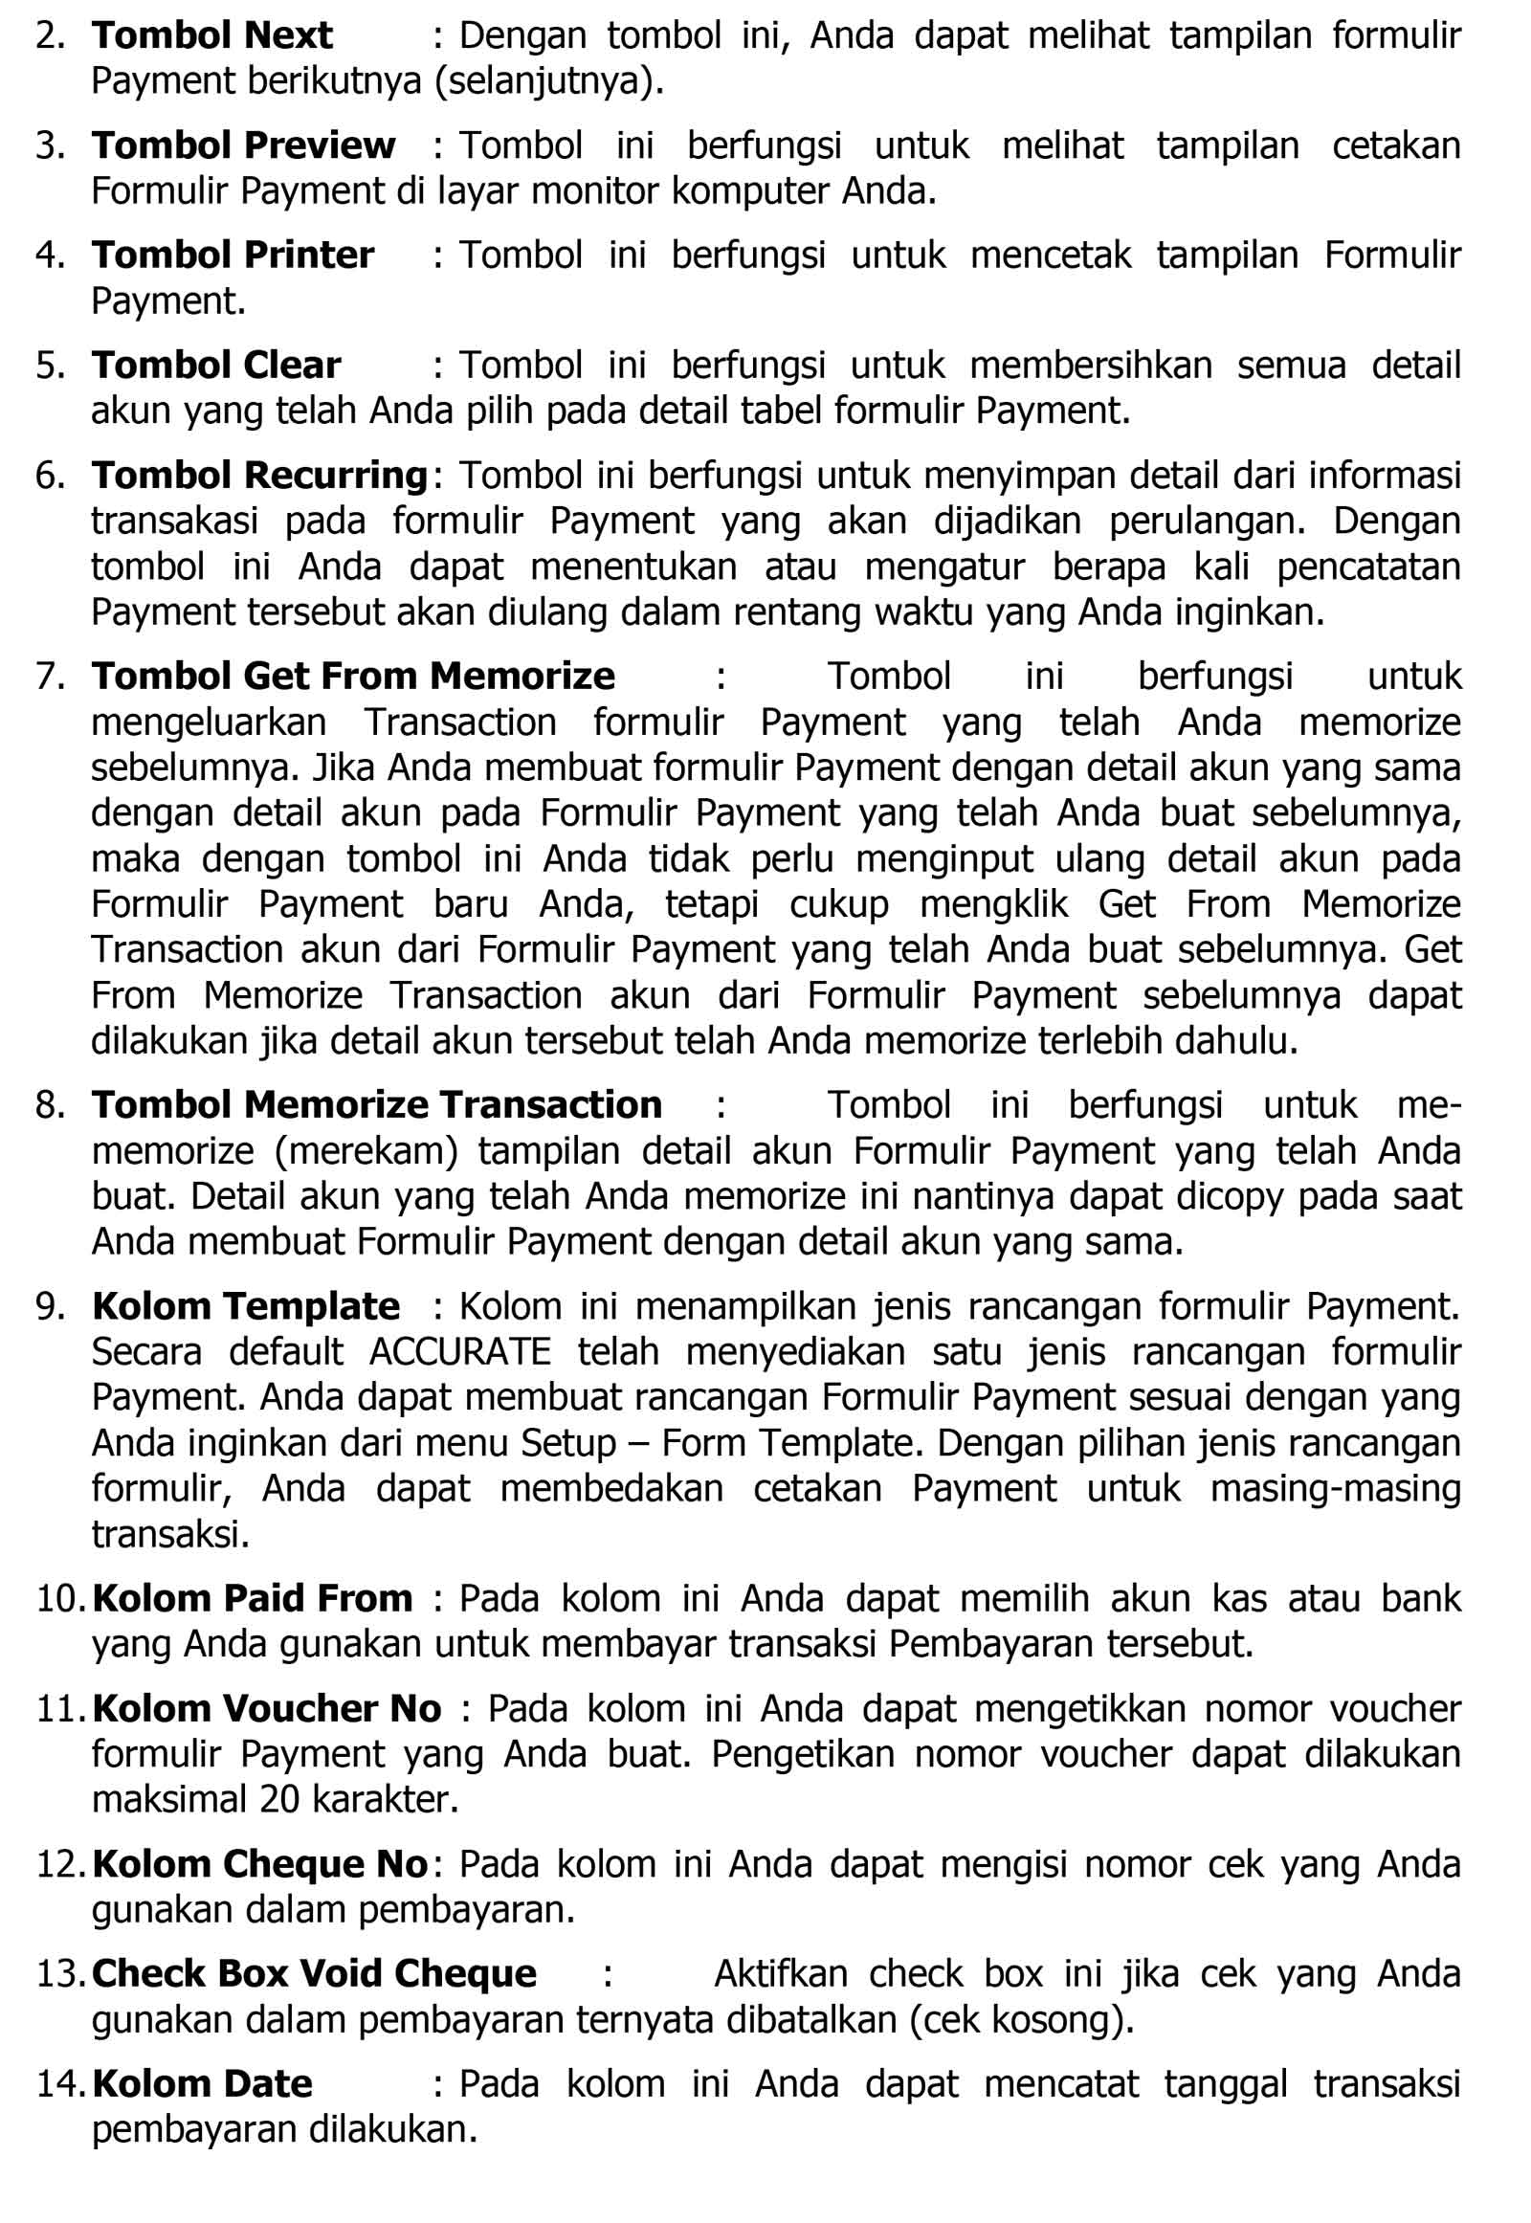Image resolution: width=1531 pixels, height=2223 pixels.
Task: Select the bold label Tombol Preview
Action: click(x=243, y=144)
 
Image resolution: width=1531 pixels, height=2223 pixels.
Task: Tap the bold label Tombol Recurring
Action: click(x=259, y=475)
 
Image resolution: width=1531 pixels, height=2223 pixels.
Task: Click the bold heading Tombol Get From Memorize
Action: click(x=352, y=676)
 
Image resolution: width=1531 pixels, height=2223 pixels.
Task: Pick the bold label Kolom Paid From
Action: click(x=253, y=1597)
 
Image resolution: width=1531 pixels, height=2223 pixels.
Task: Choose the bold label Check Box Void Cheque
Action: click(x=314, y=1972)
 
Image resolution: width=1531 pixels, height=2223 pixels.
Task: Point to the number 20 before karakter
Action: click(x=280, y=1799)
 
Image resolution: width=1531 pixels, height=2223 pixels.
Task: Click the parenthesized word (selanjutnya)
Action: click(x=549, y=81)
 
